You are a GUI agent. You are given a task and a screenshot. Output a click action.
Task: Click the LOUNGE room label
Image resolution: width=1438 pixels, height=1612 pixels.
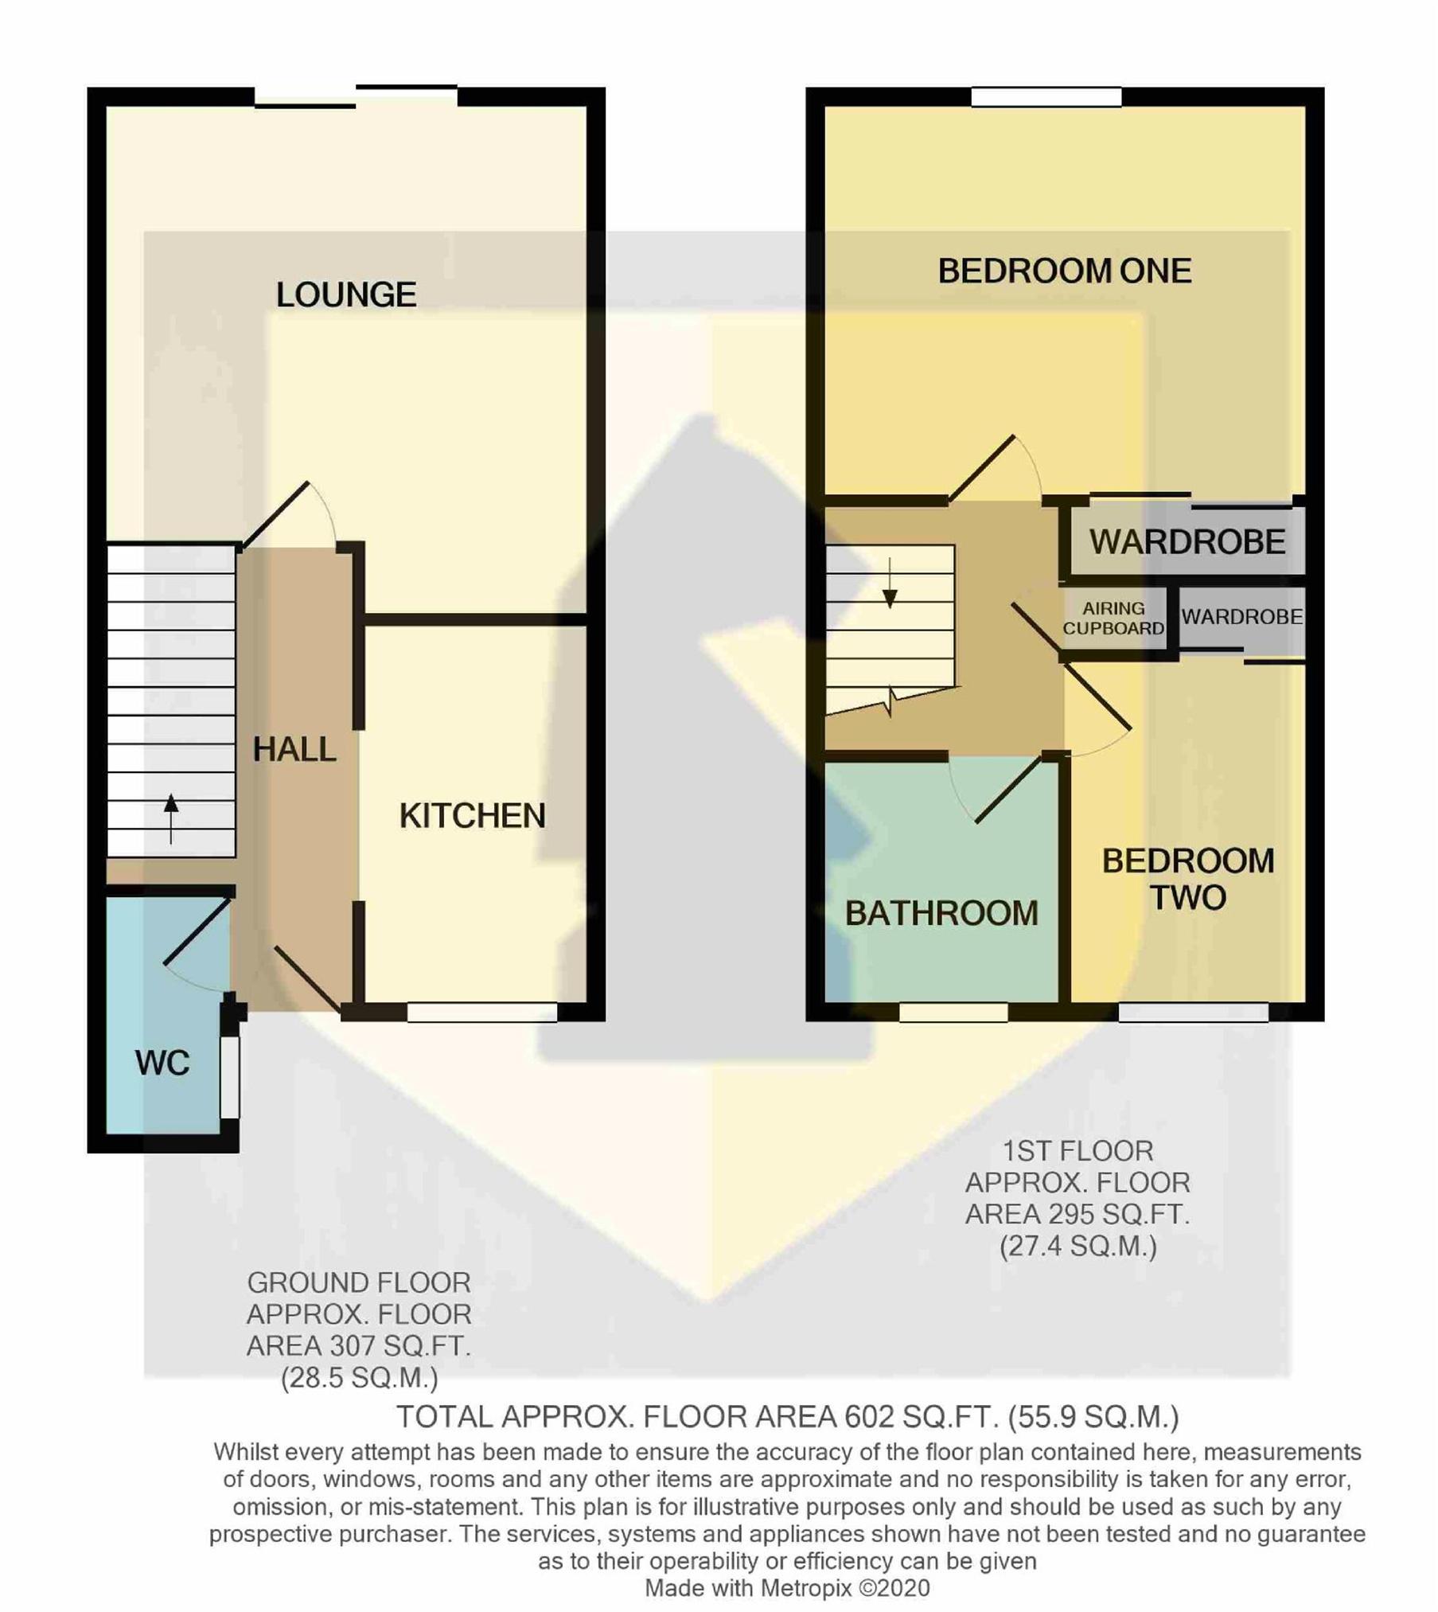coord(346,295)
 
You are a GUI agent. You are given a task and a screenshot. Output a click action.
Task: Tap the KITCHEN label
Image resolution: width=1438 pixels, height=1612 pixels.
coord(473,816)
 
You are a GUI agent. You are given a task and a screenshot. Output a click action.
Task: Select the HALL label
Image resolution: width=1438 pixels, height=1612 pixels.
coord(294,750)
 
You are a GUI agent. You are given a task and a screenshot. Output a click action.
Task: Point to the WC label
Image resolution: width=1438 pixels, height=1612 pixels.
coord(162,1064)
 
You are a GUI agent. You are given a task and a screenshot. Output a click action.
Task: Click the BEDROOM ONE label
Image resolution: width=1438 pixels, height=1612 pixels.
coord(1065,271)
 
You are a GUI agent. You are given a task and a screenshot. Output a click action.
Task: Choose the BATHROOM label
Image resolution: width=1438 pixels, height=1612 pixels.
coord(941,914)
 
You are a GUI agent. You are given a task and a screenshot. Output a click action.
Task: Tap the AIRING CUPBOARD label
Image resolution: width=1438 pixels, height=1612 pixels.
coord(1113,619)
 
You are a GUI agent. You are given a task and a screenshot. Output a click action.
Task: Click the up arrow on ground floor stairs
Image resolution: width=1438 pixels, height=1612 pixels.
coord(171,818)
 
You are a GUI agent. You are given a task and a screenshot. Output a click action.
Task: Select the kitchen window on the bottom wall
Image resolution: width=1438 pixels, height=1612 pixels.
coord(482,1012)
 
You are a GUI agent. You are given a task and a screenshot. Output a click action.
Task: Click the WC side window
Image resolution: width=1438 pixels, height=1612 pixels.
coord(230,1077)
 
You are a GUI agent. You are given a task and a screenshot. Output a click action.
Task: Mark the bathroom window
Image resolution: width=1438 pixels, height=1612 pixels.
coord(953,1012)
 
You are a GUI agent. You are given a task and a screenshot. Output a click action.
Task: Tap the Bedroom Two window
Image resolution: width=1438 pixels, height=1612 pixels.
coord(1194,1012)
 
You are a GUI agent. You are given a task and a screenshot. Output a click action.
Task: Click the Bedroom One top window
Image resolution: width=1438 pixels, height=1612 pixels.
coord(1046,97)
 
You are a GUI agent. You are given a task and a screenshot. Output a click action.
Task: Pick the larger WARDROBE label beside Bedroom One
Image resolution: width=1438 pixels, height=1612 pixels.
coord(1187,542)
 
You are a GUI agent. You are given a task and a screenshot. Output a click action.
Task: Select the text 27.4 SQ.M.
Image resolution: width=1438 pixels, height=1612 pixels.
coord(1078,1246)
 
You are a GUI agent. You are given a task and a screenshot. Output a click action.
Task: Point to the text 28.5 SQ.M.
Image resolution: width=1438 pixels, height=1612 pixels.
coord(360,1377)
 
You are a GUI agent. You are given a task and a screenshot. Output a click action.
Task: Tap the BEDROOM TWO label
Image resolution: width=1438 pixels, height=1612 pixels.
coord(1188,880)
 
